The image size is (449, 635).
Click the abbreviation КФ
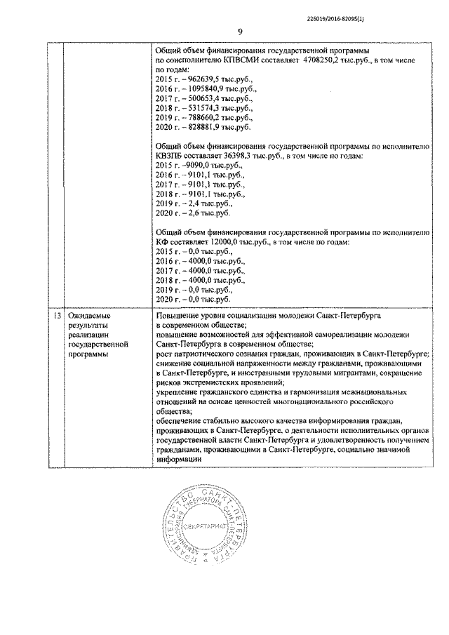coord(161,241)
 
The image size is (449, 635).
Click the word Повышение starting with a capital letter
coord(178,316)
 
